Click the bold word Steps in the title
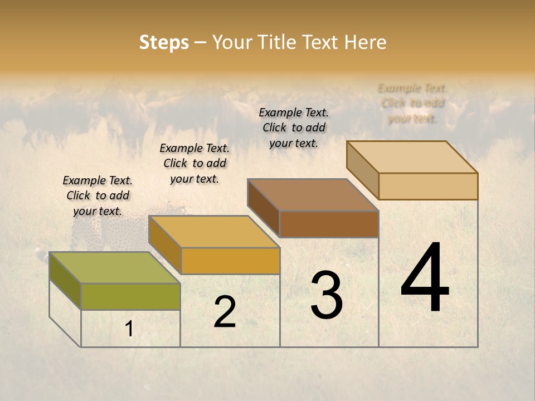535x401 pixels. click(164, 42)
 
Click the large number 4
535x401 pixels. click(425, 278)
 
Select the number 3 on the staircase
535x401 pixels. click(327, 295)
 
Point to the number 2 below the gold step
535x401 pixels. click(225, 312)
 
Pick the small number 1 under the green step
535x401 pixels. click(129, 329)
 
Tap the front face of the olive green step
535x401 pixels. click(130, 296)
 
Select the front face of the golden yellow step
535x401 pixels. click(230, 261)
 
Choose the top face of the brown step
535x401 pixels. click(313, 195)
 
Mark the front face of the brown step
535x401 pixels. click(329, 224)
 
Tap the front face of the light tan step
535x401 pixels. click(428, 186)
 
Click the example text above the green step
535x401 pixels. click(98, 195)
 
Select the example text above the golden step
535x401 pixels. click(194, 163)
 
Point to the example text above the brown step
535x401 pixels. click(294, 128)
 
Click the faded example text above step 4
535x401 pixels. click(412, 103)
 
